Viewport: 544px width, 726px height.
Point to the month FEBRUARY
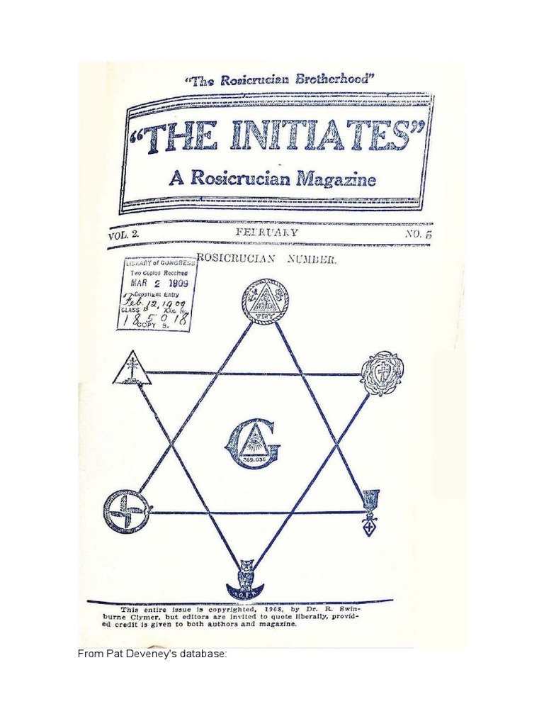(x=269, y=233)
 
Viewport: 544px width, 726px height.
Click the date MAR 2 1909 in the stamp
(x=157, y=281)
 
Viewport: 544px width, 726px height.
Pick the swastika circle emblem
(x=121, y=510)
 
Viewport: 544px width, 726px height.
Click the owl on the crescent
(x=247, y=579)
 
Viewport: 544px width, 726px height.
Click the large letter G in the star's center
(x=252, y=445)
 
